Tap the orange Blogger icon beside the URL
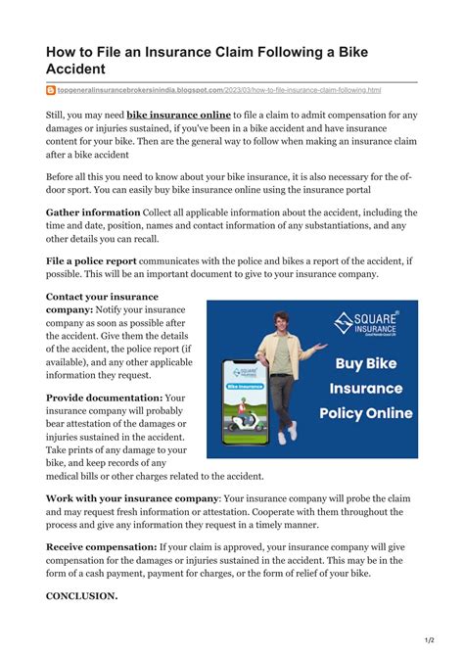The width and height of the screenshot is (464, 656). pyautogui.click(x=51, y=90)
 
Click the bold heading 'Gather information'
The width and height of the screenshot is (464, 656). pyautogui.click(x=93, y=211)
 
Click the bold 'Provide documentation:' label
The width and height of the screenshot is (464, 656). pyautogui.click(x=103, y=398)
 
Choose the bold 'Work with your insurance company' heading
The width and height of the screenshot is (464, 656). pyautogui.click(x=132, y=497)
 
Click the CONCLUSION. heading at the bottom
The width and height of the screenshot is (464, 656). pyautogui.click(x=82, y=594)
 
